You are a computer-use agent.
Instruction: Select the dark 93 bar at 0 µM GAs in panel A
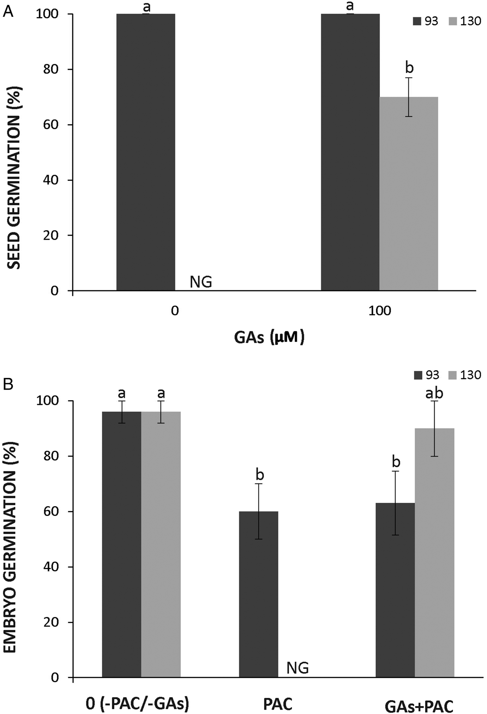click(145, 152)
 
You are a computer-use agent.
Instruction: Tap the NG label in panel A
click(201, 282)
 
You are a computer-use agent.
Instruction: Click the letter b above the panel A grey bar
click(409, 68)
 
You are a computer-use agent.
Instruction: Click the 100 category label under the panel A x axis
click(380, 310)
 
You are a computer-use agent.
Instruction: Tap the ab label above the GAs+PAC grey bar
click(434, 393)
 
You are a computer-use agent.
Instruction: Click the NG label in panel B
click(297, 668)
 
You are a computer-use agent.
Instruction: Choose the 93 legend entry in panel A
click(425, 21)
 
